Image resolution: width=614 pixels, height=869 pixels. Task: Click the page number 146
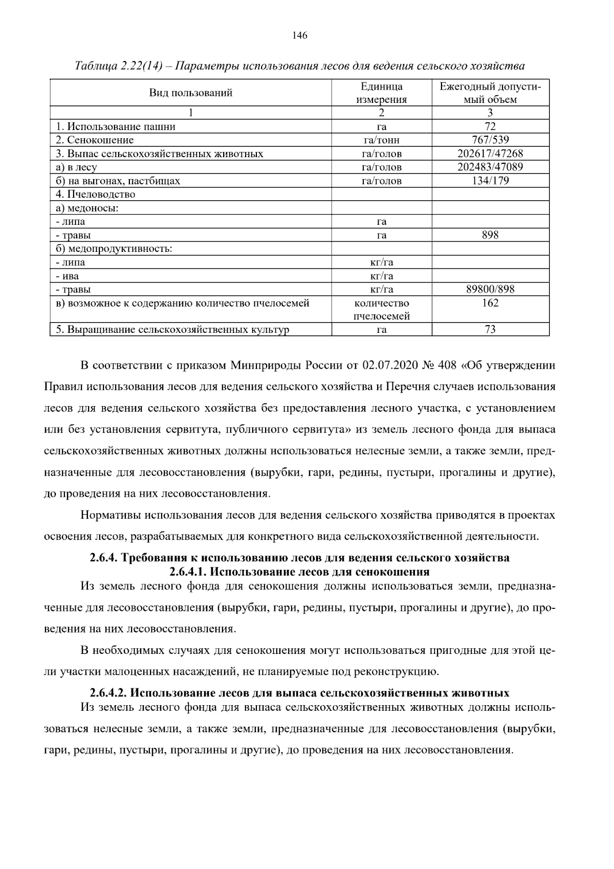(x=300, y=35)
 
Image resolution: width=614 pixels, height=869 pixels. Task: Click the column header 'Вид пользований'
(x=191, y=93)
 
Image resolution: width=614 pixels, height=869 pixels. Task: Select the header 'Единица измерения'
(x=381, y=93)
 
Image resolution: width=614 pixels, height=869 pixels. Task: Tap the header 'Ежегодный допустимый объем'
(x=490, y=93)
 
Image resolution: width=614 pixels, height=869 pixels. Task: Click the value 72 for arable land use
(x=490, y=126)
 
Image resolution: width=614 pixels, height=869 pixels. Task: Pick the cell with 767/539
(x=490, y=140)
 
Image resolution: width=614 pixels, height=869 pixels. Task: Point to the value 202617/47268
(x=490, y=154)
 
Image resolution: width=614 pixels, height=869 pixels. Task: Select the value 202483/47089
(x=490, y=167)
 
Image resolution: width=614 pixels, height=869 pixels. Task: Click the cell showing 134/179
(x=490, y=181)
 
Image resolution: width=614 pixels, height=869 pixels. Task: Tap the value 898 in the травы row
(x=490, y=235)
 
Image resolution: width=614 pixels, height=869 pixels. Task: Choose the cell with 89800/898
(x=490, y=289)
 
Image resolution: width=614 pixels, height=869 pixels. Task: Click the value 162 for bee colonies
(x=490, y=303)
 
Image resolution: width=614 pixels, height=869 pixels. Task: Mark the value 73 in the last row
(x=490, y=329)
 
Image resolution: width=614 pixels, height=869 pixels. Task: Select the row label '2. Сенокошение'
(x=95, y=140)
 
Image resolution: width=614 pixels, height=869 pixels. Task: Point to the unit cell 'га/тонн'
(x=381, y=140)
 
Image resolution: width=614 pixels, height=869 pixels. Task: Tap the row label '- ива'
(x=68, y=276)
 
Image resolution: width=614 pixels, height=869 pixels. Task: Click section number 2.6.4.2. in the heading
(x=108, y=693)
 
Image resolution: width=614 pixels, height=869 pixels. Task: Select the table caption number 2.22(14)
(x=142, y=66)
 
